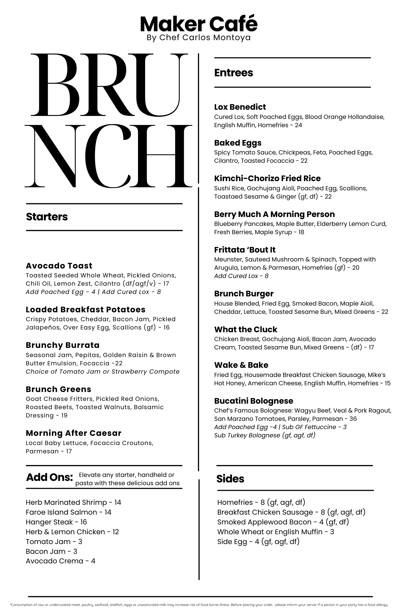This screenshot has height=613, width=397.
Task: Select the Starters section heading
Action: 47,217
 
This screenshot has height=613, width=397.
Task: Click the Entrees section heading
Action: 233,73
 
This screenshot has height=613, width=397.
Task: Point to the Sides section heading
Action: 230,478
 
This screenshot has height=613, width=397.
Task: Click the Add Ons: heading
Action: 49,477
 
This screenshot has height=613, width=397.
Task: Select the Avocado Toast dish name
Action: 59,265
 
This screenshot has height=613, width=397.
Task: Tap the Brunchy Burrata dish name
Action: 63,345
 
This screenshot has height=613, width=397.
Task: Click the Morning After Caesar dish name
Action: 74,433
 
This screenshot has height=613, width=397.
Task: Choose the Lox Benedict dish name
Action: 240,107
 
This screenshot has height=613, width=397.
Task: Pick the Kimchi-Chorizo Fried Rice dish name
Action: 267,178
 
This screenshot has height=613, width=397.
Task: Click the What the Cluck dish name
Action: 245,329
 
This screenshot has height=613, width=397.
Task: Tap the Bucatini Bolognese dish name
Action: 253,401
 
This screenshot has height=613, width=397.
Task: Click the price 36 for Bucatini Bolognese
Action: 353,419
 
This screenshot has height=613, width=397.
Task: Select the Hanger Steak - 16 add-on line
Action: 56,522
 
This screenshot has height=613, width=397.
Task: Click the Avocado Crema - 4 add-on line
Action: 60,561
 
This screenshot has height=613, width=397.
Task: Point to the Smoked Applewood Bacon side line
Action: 283,522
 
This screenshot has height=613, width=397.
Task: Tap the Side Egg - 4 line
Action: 258,542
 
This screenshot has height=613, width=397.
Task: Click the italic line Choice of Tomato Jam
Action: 102,371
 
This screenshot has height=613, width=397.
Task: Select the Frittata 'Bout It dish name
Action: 245,250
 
